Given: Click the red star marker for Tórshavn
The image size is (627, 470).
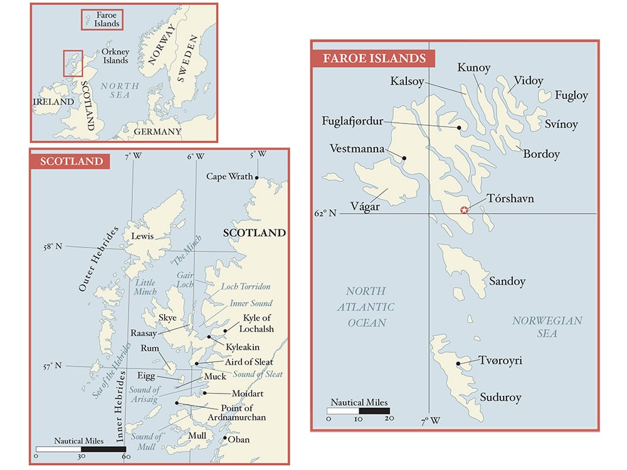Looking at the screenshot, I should pyautogui.click(x=464, y=210).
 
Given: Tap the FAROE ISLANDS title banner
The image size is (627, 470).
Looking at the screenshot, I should pyautogui.click(x=374, y=59).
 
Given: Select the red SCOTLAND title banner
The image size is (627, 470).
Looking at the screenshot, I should pyautogui.click(x=71, y=161).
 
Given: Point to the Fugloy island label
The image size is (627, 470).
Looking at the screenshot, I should pyautogui.click(x=571, y=95).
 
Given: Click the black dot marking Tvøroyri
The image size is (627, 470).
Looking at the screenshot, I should pyautogui.click(x=459, y=363).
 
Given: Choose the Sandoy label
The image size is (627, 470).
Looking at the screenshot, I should pyautogui.click(x=507, y=281).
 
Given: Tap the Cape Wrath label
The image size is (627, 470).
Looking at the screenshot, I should pyautogui.click(x=229, y=176).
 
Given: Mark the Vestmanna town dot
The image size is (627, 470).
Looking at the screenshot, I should pyautogui.click(x=404, y=158).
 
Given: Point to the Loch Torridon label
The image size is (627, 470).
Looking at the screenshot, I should pyautogui.click(x=245, y=286).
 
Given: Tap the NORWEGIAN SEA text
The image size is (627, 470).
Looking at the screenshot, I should pyautogui.click(x=547, y=326).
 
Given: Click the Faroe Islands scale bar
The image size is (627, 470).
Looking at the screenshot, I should pyautogui.click(x=358, y=411).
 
